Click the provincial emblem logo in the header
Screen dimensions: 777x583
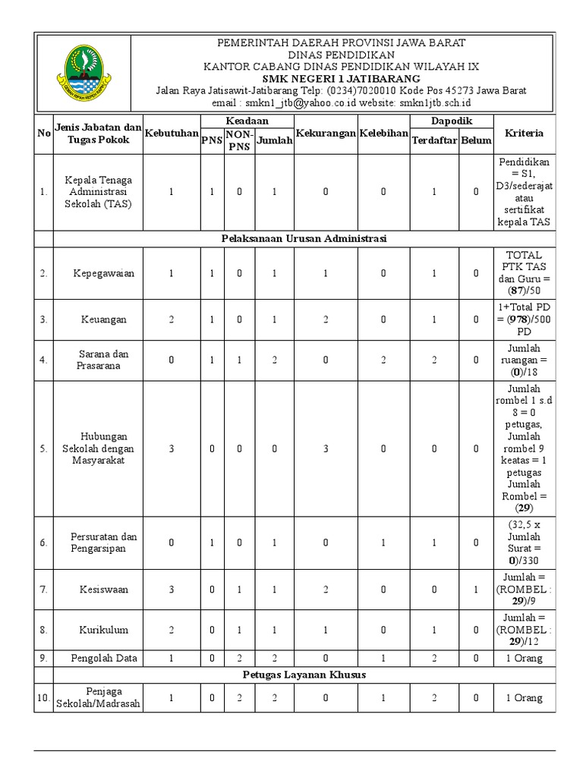(x=83, y=73)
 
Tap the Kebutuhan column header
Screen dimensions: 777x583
(x=171, y=134)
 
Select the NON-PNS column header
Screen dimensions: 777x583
(x=239, y=140)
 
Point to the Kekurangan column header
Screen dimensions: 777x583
(x=326, y=134)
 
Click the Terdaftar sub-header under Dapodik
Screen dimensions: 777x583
(x=434, y=140)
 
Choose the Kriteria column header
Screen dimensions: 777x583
(x=525, y=134)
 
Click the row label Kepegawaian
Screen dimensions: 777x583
(x=103, y=273)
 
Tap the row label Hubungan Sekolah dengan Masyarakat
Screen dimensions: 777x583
(x=101, y=448)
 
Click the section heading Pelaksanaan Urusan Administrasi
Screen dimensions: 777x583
(x=304, y=238)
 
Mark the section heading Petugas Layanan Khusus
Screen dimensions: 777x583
(x=304, y=675)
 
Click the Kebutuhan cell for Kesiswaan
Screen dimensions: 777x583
(x=171, y=589)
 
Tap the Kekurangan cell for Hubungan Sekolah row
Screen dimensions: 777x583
(x=326, y=448)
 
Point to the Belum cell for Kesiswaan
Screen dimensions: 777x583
(x=476, y=589)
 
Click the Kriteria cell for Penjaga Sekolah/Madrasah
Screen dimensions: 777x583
(x=525, y=698)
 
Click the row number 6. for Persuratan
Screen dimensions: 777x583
(x=44, y=543)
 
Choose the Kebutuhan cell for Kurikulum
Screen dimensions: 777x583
(x=171, y=630)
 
